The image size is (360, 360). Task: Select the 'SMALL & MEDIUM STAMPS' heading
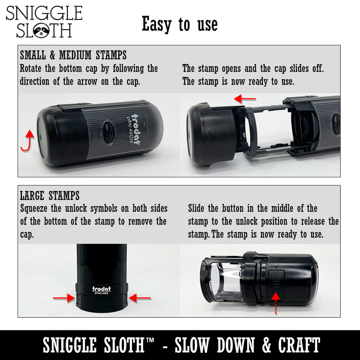click(x=73, y=55)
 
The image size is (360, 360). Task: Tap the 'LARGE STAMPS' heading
click(x=49, y=196)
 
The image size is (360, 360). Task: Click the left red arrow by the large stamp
click(x=63, y=297)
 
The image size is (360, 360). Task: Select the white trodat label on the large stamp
click(x=101, y=289)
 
